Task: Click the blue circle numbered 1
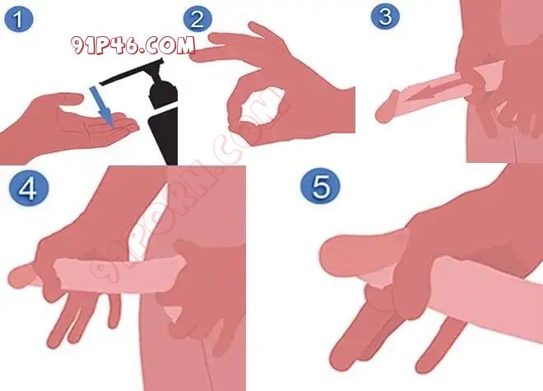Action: tap(18, 20)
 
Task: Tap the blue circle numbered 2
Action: tap(197, 19)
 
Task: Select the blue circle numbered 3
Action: tap(385, 16)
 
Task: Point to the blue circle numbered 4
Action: tap(27, 189)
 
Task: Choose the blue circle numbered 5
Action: tap(320, 186)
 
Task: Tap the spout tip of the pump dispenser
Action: tap(101, 83)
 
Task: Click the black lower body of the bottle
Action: tap(165, 137)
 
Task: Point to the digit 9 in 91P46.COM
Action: tap(78, 45)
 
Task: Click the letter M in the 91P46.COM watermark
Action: tap(185, 45)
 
